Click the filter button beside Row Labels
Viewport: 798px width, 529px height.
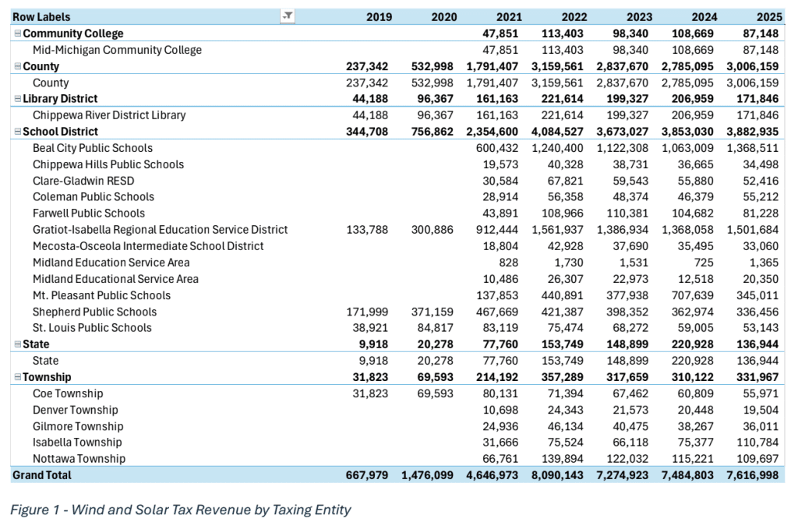[x=288, y=16]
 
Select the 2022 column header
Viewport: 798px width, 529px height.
[x=574, y=17]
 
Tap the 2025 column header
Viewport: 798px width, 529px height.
[x=769, y=17]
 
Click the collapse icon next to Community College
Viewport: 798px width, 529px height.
[x=18, y=34]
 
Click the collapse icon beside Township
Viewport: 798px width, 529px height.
[x=18, y=377]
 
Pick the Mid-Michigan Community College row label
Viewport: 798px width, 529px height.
[x=117, y=50]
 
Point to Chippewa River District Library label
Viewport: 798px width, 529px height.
[x=109, y=115]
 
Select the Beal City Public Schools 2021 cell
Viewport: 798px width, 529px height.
[x=496, y=148]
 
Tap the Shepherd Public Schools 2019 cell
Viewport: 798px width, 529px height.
[x=367, y=312]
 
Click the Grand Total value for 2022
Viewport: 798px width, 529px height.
[x=557, y=475]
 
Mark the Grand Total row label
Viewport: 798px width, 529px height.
[x=42, y=475]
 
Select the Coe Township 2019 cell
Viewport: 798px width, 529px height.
[x=370, y=393]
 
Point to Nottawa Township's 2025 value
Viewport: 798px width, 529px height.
[x=757, y=459]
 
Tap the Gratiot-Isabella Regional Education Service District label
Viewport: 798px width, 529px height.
[x=161, y=230]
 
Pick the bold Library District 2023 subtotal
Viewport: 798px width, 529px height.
[x=627, y=99]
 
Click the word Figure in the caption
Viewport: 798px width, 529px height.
[x=30, y=510]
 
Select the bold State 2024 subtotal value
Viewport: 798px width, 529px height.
[x=692, y=344]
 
